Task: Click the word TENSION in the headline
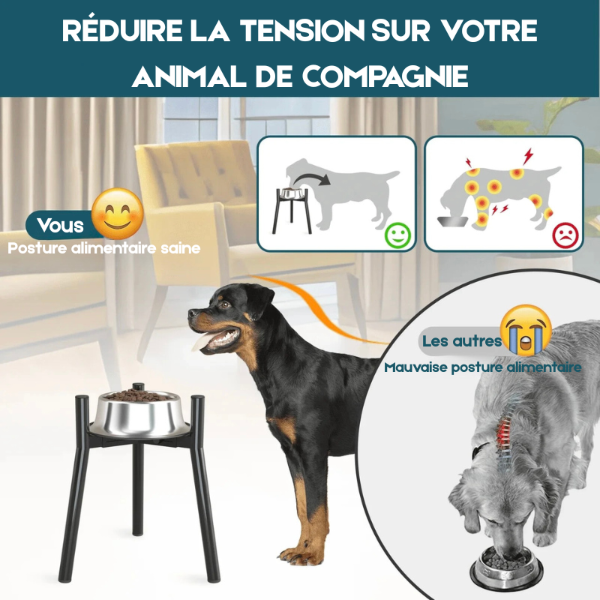point(303,30)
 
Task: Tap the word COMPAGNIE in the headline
point(385,76)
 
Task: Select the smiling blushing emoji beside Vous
point(118,214)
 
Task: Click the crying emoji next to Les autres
point(526,330)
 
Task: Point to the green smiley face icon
point(397,235)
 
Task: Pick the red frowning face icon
point(565,235)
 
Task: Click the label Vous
point(61,225)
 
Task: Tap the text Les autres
point(461,340)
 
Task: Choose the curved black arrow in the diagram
point(312,178)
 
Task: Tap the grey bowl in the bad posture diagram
point(453,221)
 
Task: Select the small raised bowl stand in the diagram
point(292,210)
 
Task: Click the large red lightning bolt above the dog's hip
point(528,156)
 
